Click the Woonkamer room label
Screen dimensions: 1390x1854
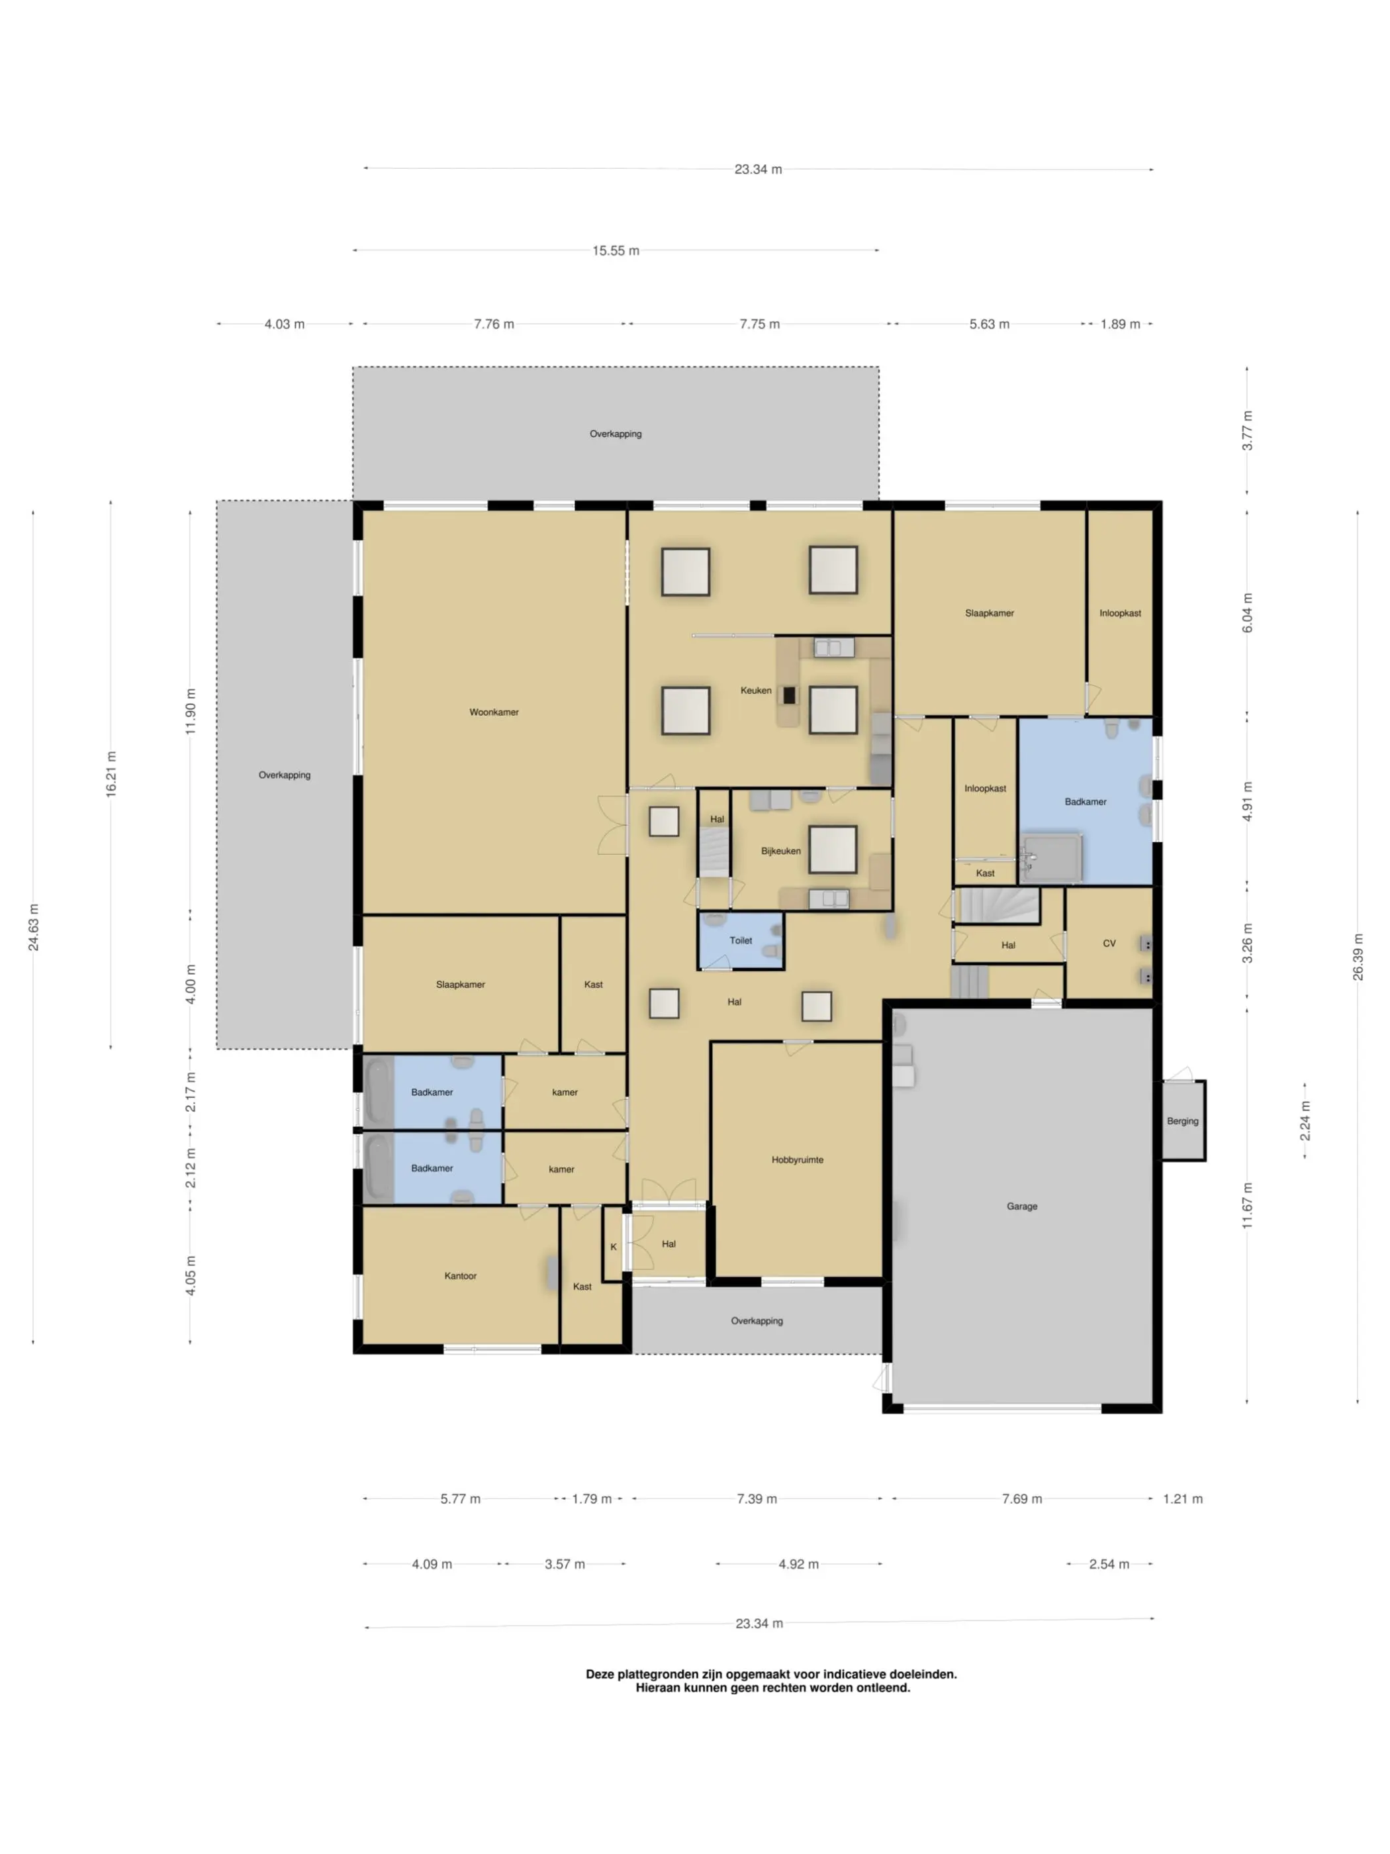(x=494, y=712)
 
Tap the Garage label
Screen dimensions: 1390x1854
(x=1021, y=1206)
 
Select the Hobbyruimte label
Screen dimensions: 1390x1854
(x=797, y=1160)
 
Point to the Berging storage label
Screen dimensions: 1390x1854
(x=1182, y=1120)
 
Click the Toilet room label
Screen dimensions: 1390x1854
(x=741, y=940)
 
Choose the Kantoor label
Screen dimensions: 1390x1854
(x=460, y=1276)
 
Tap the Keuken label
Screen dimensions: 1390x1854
(x=756, y=691)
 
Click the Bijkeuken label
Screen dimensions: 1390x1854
(x=781, y=851)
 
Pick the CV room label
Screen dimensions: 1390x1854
(x=1109, y=944)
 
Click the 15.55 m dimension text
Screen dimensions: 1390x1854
(x=616, y=250)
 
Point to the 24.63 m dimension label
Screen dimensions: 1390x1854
(x=34, y=927)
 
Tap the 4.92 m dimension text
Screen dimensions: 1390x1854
(x=798, y=1564)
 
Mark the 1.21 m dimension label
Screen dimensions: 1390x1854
(x=1182, y=1498)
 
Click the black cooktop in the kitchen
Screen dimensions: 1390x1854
(x=789, y=694)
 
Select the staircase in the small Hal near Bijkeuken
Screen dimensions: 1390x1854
(x=714, y=852)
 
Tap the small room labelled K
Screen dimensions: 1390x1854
(x=614, y=1246)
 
